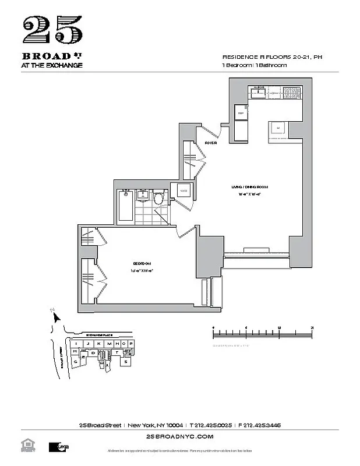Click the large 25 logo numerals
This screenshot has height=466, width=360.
click(52, 30)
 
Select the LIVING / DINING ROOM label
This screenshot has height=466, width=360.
click(249, 186)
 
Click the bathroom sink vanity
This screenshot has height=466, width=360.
click(143, 195)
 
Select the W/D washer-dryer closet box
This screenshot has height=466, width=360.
click(182, 190)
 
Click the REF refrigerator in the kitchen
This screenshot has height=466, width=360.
click(240, 113)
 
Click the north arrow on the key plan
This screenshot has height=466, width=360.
click(56, 318)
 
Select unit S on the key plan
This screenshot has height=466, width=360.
click(126, 362)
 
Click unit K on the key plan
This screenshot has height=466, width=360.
click(99, 344)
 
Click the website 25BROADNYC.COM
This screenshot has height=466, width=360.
click(180, 436)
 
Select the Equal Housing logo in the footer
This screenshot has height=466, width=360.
click(27, 446)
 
